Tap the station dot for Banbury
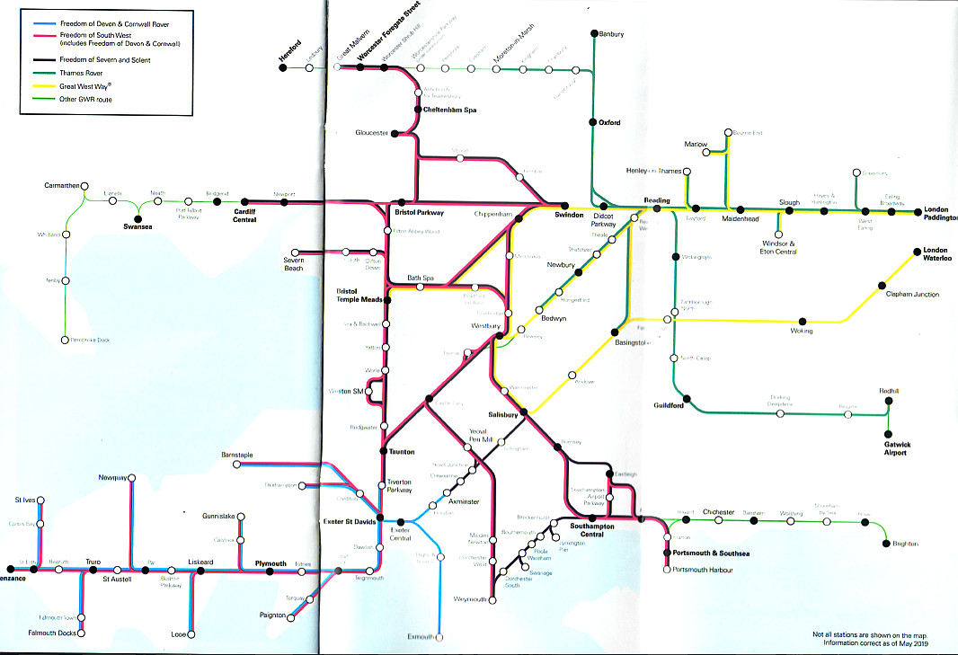[594, 34]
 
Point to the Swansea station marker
[137, 217]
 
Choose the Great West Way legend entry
[84, 86]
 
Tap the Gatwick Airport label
[889, 447]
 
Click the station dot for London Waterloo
[917, 251]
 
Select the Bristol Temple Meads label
[359, 296]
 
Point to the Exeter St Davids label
[349, 521]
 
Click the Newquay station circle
[132, 477]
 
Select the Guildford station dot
[685, 398]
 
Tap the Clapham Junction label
[912, 294]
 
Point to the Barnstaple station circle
[236, 465]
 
